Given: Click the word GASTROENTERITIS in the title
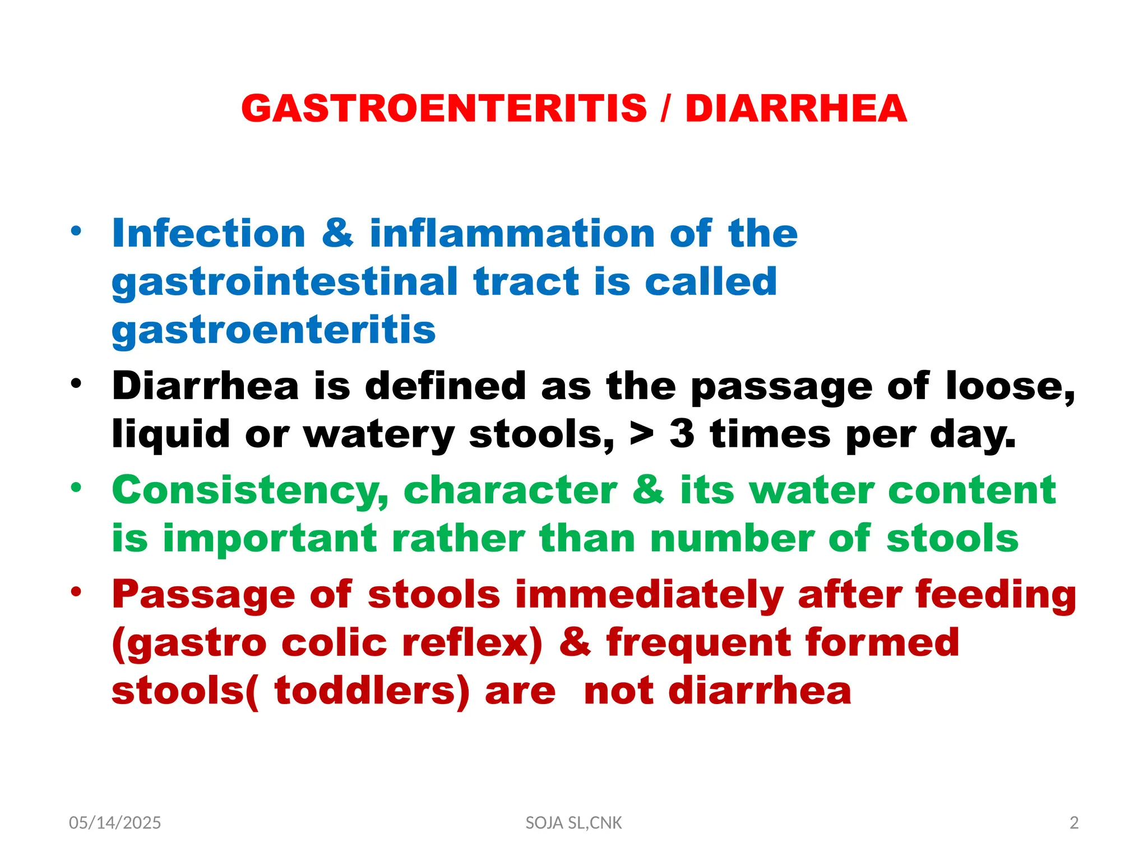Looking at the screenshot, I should [444, 108].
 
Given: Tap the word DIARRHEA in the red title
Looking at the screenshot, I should [795, 108].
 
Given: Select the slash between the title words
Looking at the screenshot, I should [665, 108].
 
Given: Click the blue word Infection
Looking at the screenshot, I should [209, 233].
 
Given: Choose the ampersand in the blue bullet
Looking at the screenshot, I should [338, 233].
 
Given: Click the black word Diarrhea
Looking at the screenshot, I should [205, 386].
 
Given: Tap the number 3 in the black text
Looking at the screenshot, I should [682, 434].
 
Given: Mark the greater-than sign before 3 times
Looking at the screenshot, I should [642, 434].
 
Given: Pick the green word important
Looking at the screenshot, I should [270, 539].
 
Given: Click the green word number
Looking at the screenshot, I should [732, 539].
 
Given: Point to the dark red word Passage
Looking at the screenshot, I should [203, 595].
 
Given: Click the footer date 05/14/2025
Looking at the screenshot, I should [115, 823].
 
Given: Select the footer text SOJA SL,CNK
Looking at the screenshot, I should [573, 823].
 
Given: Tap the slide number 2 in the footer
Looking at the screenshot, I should [1074, 823].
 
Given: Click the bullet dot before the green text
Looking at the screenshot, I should [76, 487].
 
